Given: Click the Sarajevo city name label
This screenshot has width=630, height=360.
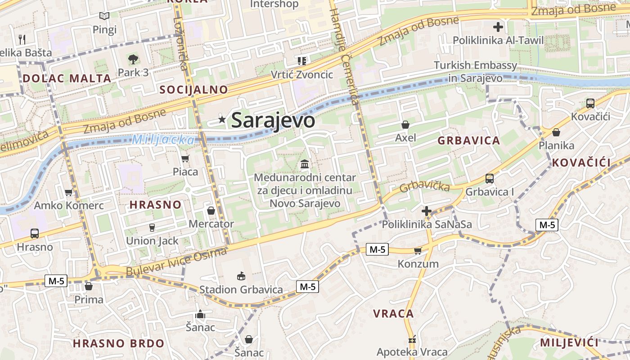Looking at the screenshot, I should pyautogui.click(x=273, y=120).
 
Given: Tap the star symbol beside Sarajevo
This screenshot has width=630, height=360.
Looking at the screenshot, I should pyautogui.click(x=222, y=119).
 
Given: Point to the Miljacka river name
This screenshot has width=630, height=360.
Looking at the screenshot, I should pyautogui.click(x=163, y=139).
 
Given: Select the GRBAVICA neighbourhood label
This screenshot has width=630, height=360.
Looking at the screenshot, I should pyautogui.click(x=469, y=140).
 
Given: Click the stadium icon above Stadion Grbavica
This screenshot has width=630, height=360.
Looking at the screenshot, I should pyautogui.click(x=241, y=276).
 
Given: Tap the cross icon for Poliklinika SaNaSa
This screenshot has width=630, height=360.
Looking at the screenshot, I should pyautogui.click(x=426, y=211).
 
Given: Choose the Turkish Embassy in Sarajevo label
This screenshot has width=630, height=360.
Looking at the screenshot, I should pyautogui.click(x=475, y=72).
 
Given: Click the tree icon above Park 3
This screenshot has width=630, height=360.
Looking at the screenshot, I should pyautogui.click(x=133, y=59).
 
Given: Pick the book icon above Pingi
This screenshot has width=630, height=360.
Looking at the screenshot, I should pyautogui.click(x=104, y=16).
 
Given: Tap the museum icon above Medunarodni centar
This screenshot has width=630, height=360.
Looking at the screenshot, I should pyautogui.click(x=305, y=164).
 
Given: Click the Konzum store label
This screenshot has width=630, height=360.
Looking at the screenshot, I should pyautogui.click(x=418, y=264).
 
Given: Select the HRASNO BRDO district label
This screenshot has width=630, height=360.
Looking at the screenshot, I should pyautogui.click(x=119, y=343).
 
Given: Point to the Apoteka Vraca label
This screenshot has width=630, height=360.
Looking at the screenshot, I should pyautogui.click(x=412, y=352).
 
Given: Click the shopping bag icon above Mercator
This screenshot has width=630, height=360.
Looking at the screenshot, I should pyautogui.click(x=211, y=211).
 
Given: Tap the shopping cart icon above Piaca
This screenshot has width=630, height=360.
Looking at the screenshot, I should pyautogui.click(x=185, y=158).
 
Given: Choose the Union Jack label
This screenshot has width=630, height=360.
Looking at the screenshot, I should pyautogui.click(x=152, y=241).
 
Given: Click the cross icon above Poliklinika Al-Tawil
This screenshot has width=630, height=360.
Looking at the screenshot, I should pyautogui.click(x=498, y=27).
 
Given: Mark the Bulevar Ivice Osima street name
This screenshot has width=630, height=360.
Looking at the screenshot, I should pyautogui.click(x=176, y=262).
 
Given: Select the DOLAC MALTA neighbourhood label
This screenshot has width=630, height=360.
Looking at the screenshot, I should pyautogui.click(x=67, y=78).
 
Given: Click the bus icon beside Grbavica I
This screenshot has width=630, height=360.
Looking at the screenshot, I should pyautogui.click(x=489, y=179).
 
